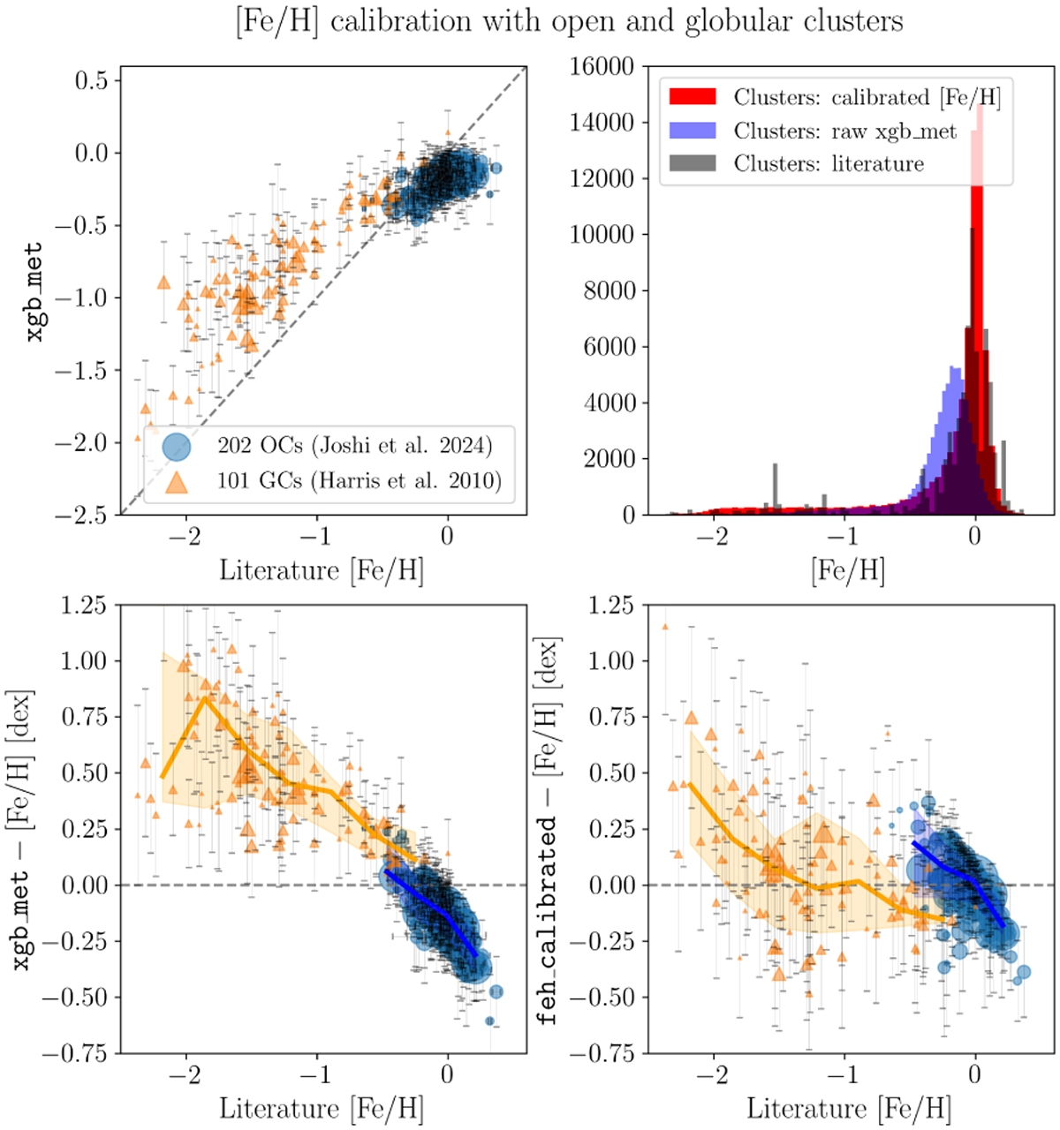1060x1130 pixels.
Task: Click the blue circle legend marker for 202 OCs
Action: coord(175,446)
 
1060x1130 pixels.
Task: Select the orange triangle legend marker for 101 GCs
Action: coord(177,482)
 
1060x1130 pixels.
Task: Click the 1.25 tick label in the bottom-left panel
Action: coord(84,606)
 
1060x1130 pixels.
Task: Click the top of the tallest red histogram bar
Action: coord(977,102)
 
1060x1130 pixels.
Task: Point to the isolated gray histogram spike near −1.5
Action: coord(776,464)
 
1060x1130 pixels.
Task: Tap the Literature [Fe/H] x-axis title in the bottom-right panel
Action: coord(848,1110)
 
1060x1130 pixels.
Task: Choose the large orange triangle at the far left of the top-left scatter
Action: coord(163,282)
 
